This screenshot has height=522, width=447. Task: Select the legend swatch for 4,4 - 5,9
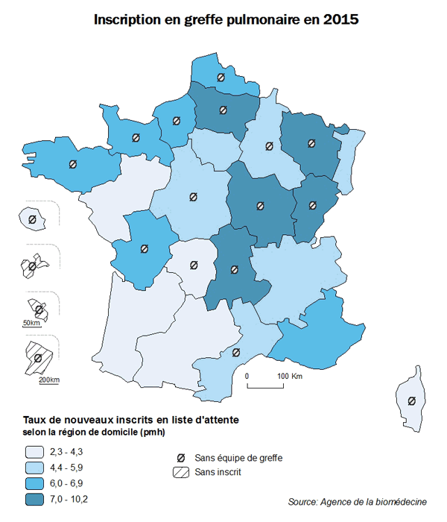pyautogui.click(x=34, y=468)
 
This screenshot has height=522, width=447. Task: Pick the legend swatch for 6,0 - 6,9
pyautogui.click(x=34, y=484)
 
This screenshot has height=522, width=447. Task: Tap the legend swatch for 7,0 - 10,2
pyautogui.click(x=34, y=500)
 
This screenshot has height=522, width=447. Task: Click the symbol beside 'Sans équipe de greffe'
pyautogui.click(x=181, y=457)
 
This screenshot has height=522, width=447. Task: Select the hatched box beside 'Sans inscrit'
pyautogui.click(x=181, y=473)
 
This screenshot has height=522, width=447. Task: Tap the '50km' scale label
pyautogui.click(x=31, y=323)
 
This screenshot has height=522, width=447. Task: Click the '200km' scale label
pyautogui.click(x=48, y=380)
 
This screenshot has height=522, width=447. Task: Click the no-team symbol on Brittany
pyautogui.click(x=72, y=164)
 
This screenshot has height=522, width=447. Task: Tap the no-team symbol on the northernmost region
pyautogui.click(x=220, y=77)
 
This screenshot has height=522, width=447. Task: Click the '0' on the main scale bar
pyautogui.click(x=247, y=376)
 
